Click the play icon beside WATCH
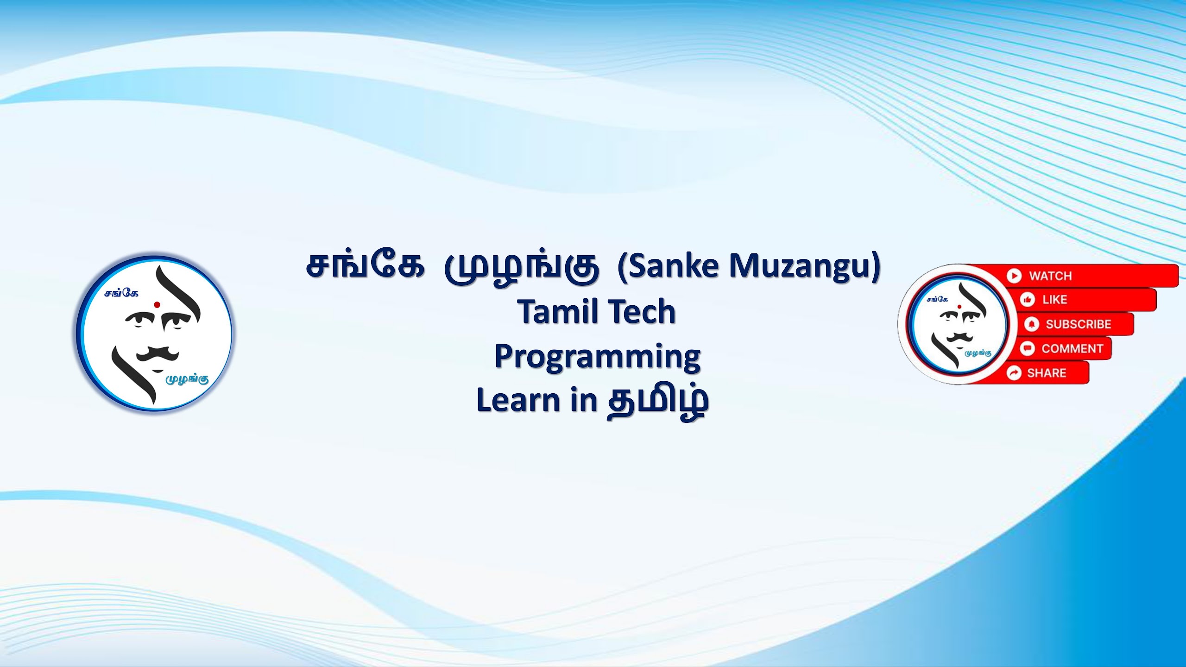click(1014, 276)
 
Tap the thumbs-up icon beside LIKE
click(1028, 300)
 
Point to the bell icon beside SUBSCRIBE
click(1031, 324)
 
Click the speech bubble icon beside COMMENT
click(1028, 348)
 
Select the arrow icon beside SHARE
click(1014, 373)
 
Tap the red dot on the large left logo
click(157, 304)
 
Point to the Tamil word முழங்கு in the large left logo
click(188, 379)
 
